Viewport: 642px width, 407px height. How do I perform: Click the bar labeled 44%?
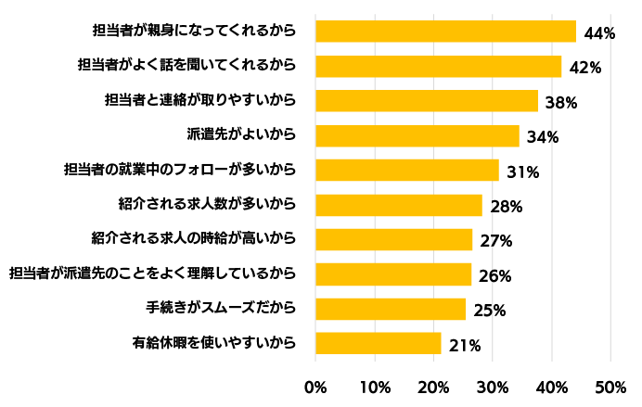tap(446, 32)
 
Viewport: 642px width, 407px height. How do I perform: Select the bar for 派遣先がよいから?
tap(417, 135)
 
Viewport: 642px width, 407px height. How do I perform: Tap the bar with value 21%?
tap(379, 343)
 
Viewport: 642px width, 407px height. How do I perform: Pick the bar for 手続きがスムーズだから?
tap(391, 309)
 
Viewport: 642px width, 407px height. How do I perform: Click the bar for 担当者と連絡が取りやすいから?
tap(427, 101)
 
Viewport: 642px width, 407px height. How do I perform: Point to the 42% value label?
tap(585, 68)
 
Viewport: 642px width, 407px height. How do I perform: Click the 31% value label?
tap(523, 172)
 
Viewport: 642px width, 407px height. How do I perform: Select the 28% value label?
tap(507, 207)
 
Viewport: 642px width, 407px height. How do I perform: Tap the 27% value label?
tap(496, 241)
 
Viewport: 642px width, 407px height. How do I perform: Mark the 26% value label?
tap(495, 276)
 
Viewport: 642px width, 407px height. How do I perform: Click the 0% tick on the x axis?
tap(315, 388)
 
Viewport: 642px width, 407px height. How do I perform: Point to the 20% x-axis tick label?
tap(433, 388)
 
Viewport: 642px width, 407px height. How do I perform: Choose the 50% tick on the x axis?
tap(610, 388)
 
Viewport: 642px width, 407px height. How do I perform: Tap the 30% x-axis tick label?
tap(492, 388)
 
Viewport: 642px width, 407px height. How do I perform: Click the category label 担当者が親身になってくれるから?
tap(194, 31)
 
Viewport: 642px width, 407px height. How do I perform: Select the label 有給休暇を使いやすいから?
tap(214, 343)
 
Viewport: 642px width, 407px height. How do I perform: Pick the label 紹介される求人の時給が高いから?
tap(194, 238)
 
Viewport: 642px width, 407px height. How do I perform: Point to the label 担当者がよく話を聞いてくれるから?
tap(187, 65)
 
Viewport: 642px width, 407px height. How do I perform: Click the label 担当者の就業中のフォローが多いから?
tap(180, 170)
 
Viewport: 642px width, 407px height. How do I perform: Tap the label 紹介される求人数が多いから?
tap(207, 204)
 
